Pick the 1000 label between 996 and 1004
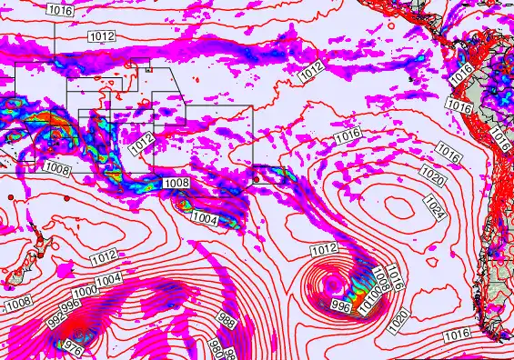pyautogui.click(x=86, y=292)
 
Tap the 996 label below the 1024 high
pyautogui.click(x=341, y=305)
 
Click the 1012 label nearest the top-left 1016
pyautogui.click(x=102, y=35)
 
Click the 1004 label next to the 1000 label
pyautogui.click(x=107, y=280)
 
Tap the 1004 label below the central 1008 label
pyautogui.click(x=205, y=219)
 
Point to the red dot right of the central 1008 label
pyautogui.click(x=257, y=179)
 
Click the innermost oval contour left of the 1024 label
pyautogui.click(x=398, y=206)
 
